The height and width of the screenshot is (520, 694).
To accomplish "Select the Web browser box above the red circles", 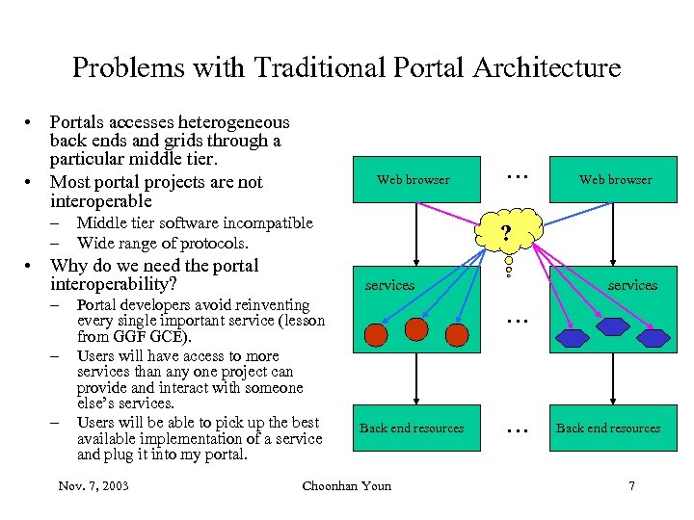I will (x=413, y=179).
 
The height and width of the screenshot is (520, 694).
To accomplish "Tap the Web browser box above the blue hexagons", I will (x=615, y=179).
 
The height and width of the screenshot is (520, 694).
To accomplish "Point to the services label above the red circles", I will (x=389, y=285).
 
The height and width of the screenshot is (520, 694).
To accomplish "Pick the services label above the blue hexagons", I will (x=632, y=285).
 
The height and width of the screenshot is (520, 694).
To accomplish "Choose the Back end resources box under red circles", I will (x=412, y=429).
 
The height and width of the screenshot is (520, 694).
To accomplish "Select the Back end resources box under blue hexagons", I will (x=608, y=429).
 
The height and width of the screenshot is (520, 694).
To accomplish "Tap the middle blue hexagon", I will (x=612, y=326).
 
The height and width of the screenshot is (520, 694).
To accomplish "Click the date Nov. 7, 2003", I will (x=93, y=485).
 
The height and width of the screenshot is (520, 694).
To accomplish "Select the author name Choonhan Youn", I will (x=347, y=485).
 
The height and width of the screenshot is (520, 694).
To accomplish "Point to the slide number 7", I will (x=631, y=485).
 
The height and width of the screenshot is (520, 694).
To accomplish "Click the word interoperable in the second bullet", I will (x=101, y=201).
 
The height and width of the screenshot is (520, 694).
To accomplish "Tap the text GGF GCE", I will (x=149, y=337).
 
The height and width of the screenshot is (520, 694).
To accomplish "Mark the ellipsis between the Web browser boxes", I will (x=518, y=174).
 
